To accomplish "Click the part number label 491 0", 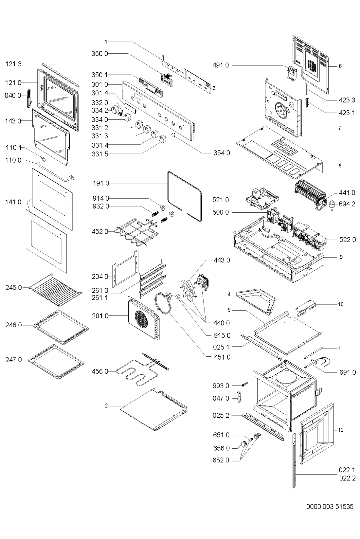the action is tap(221, 65).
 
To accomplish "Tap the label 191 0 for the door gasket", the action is tap(101, 183).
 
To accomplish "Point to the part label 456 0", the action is tap(100, 371).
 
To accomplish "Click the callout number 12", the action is tap(341, 430).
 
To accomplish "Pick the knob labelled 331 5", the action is tap(163, 138).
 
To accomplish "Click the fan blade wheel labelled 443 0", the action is tap(189, 290).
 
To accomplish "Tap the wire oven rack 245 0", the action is tap(55, 290).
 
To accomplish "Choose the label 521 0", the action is tap(221, 200).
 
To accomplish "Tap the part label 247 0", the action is tap(13, 359).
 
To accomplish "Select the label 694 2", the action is tap(347, 204).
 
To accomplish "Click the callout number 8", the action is tap(340, 165).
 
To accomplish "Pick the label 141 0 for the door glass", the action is tap(13, 202).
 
